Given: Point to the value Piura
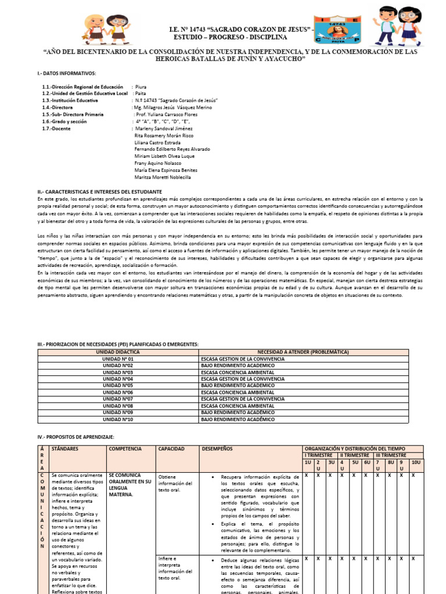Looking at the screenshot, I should click(141, 86).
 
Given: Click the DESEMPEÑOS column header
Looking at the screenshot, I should click(217, 449).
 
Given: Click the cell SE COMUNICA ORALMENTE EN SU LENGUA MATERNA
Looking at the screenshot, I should click(129, 484).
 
